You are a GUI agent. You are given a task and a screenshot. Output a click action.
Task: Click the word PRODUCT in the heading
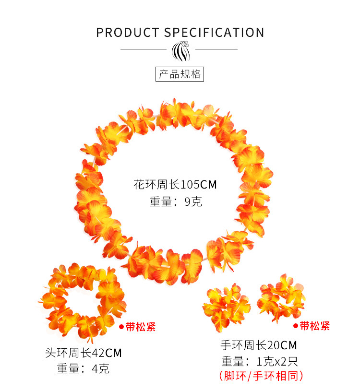coord(127,33)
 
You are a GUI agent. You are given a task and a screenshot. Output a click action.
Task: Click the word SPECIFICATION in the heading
coord(214,33)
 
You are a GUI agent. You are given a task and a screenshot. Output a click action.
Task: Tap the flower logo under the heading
coord(180,50)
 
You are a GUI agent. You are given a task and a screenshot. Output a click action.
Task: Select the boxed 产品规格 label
coord(180,74)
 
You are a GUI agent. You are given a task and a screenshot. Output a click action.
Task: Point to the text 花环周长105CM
coord(179,184)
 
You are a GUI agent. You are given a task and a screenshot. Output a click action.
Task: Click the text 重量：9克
coord(176,202)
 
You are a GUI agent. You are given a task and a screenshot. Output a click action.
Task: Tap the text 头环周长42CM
coord(83,353)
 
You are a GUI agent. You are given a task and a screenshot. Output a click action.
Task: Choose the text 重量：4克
coord(83,369)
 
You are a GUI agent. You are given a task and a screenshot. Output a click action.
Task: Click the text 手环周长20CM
coord(259,344)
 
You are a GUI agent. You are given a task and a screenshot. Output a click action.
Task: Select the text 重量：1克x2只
coord(260,361)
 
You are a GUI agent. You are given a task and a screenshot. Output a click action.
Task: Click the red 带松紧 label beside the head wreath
coord(141,327)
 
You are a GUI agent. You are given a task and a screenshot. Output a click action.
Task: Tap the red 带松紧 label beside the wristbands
coord(315,326)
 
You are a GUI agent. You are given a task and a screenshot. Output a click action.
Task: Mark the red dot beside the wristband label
coord(295,326)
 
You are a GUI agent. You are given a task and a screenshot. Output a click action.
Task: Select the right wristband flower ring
coord(281,297)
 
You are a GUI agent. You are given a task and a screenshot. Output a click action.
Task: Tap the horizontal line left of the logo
coord(143,49)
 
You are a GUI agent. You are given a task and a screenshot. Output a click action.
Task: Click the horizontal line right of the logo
coord(216,49)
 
